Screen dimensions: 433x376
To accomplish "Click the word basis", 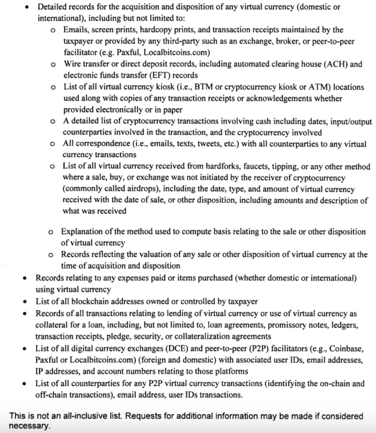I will (x=193, y=232).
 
